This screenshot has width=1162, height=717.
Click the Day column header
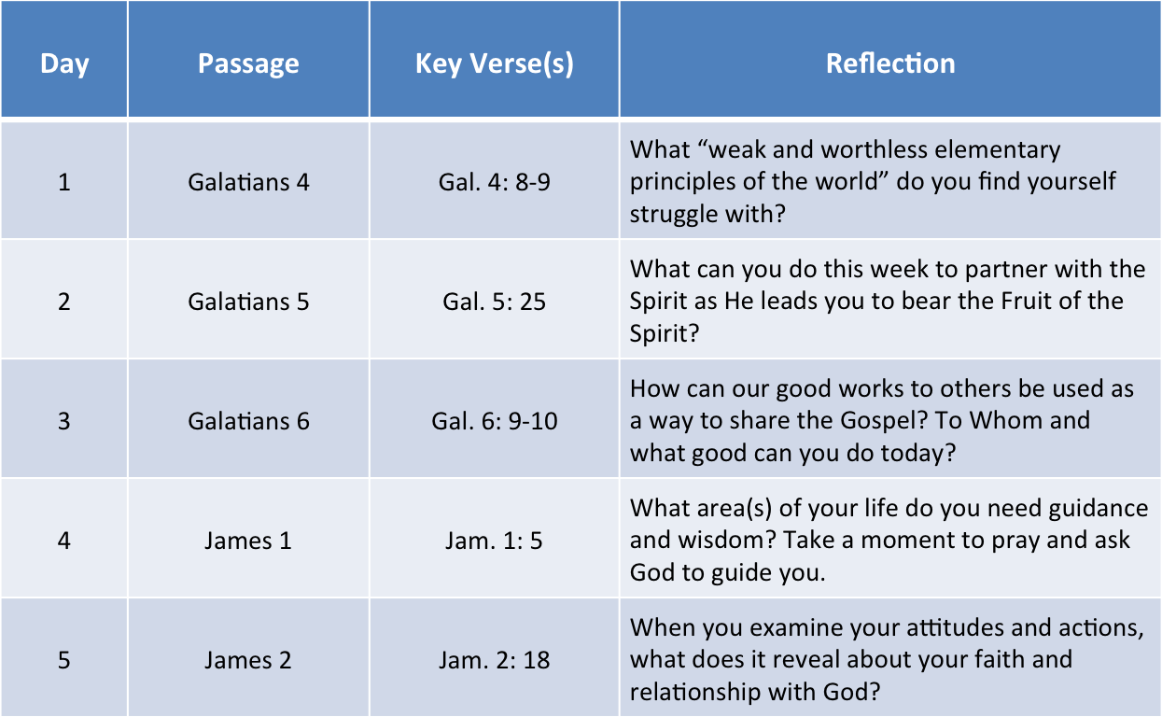click(64, 64)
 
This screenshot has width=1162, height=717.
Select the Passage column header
click(248, 63)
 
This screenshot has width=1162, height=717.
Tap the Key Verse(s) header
click(495, 63)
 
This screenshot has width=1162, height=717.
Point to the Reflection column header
click(890, 63)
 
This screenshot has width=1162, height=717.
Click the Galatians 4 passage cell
click(248, 182)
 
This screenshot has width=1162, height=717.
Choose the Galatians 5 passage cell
click(248, 302)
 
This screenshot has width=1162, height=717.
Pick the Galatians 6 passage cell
click(248, 421)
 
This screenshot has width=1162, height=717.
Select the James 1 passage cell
click(248, 541)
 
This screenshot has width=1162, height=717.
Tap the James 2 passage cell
click(248, 660)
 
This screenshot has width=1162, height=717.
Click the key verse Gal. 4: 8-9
click(495, 182)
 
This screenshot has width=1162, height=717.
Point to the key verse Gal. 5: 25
click(495, 302)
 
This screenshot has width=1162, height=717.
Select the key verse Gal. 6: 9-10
click(495, 421)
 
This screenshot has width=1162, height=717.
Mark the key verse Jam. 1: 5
click(495, 541)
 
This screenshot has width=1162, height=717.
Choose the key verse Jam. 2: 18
click(495, 660)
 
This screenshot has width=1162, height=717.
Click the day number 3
click(63, 421)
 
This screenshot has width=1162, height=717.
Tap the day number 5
click(63, 660)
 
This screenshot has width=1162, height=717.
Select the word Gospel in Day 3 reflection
click(884, 422)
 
